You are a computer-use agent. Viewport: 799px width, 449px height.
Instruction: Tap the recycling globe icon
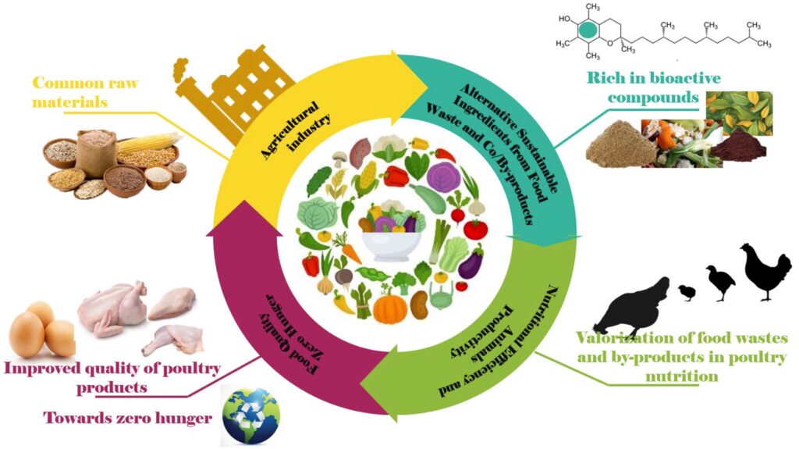coord(249,415)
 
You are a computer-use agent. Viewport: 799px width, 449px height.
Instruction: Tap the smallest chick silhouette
coord(687,292)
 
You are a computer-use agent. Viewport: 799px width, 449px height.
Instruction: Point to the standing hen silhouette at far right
coord(765,269)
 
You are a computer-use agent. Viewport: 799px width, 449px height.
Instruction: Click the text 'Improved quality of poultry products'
coord(112,376)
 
